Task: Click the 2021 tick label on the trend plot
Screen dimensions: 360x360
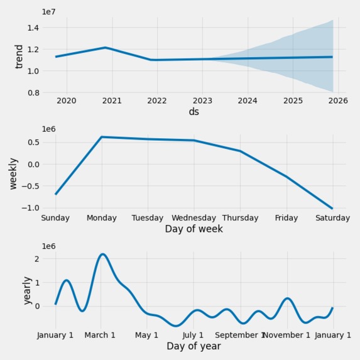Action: [x=112, y=101]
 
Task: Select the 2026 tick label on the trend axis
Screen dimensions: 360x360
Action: [x=338, y=101]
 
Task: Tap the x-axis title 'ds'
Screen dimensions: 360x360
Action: [x=194, y=112]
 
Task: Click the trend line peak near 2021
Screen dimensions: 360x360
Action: [x=106, y=48]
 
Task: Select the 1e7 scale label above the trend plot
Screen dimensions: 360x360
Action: [x=49, y=12]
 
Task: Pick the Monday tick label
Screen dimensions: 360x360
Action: [x=102, y=218]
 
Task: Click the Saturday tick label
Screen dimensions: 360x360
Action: [x=332, y=218]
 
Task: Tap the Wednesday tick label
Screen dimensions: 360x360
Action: [x=194, y=218]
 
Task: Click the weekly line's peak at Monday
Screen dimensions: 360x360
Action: [x=102, y=137]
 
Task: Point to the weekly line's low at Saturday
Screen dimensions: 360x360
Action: [x=332, y=209]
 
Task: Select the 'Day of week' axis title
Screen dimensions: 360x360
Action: [x=194, y=229]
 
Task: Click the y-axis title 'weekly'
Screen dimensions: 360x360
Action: [x=14, y=173]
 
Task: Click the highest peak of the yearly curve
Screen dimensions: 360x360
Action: [x=102, y=254]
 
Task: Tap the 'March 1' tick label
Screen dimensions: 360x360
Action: [x=99, y=335]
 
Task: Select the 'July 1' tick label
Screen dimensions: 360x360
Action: [x=194, y=335]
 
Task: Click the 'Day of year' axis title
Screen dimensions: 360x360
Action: [x=194, y=346]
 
